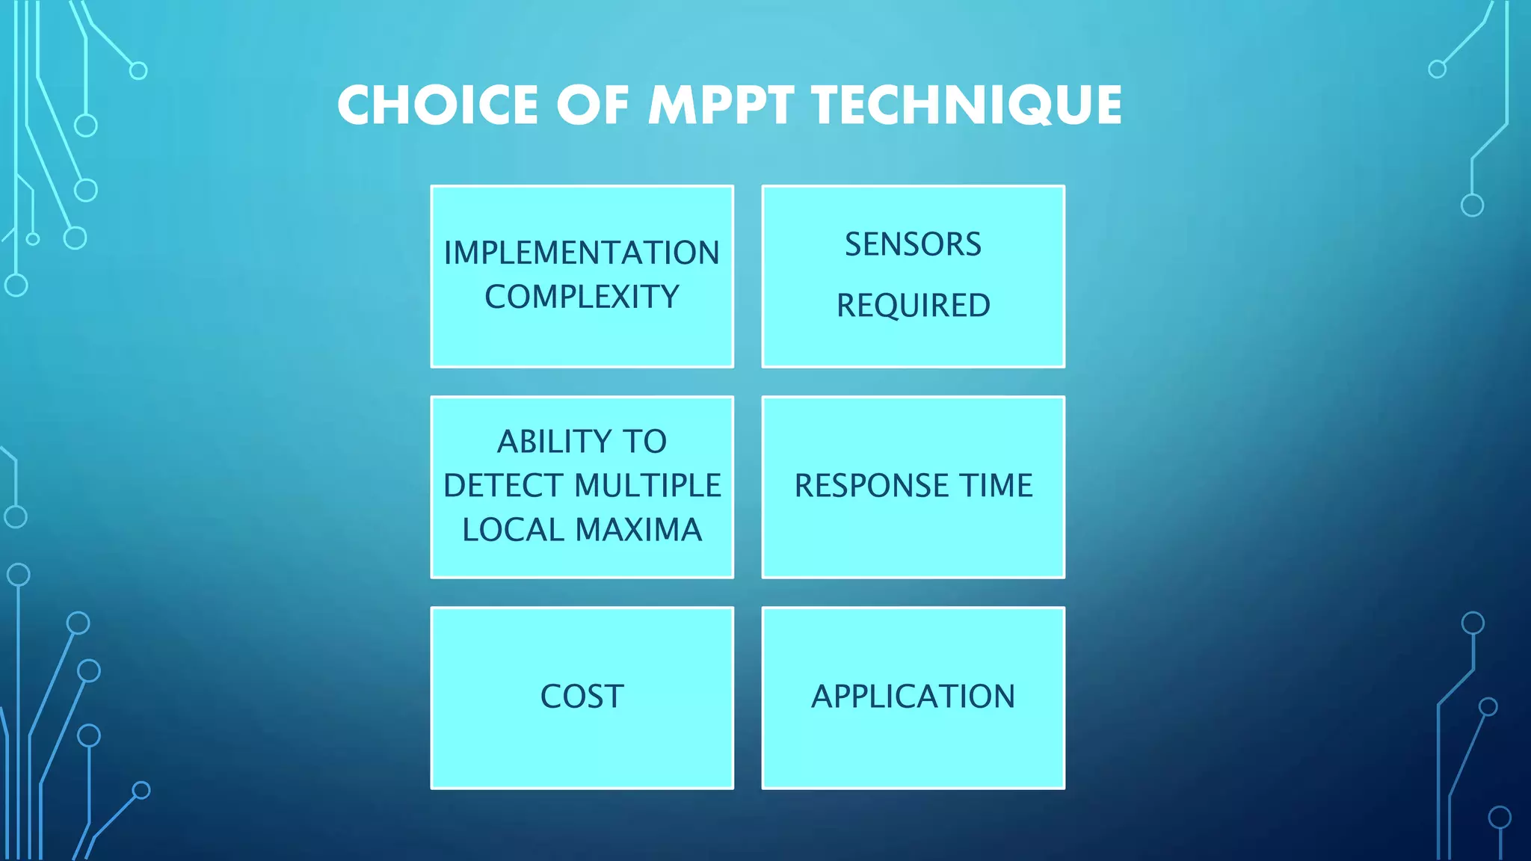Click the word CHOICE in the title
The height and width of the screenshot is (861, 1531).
(437, 105)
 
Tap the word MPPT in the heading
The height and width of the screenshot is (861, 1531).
(720, 105)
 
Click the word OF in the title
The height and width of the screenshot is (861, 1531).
(592, 105)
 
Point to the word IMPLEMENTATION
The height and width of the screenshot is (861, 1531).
(582, 253)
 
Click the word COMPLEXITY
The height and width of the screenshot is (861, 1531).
(582, 297)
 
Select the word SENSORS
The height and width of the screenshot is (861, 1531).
(913, 244)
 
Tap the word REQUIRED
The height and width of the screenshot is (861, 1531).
(913, 306)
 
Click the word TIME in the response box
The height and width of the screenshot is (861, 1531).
(996, 486)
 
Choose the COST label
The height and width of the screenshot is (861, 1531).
(582, 697)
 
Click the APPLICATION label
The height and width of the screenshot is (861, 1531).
(913, 697)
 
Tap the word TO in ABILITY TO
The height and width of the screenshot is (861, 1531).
(644, 442)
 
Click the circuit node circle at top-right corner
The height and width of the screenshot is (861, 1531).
(1437, 70)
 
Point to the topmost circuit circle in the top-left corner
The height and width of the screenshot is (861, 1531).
(138, 71)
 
